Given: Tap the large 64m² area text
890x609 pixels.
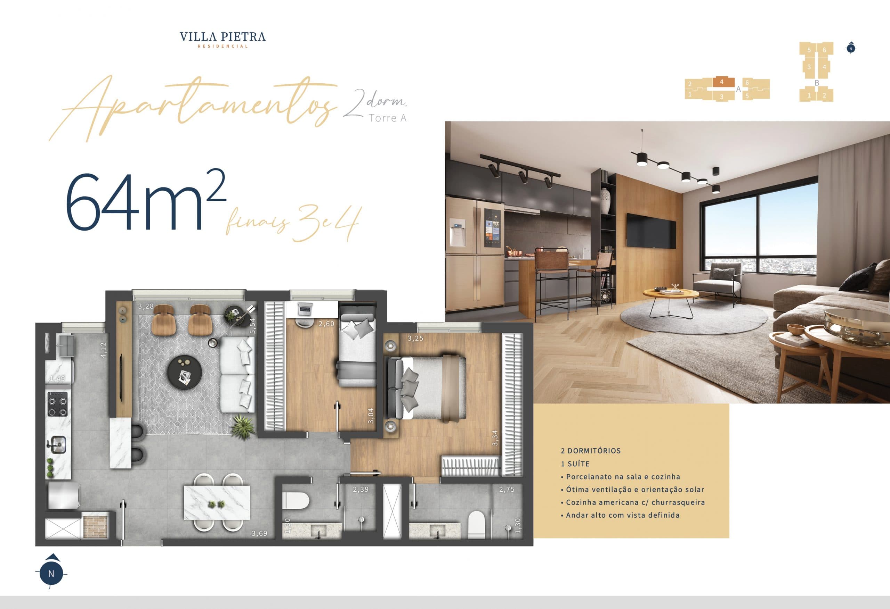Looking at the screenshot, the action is click(146, 200).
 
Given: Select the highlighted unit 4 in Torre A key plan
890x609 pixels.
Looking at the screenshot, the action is click(723, 82).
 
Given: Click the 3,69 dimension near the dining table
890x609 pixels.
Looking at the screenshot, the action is click(259, 533).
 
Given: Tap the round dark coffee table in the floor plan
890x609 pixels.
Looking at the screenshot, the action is click(185, 373).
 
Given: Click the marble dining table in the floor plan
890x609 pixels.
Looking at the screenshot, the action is click(217, 502).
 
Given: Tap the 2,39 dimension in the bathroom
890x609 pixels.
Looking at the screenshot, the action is click(361, 489).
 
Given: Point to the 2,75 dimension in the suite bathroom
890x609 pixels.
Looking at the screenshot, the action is click(507, 489).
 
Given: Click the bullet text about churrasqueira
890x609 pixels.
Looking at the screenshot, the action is click(633, 502).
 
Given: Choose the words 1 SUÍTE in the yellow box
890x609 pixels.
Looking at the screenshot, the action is click(575, 464).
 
